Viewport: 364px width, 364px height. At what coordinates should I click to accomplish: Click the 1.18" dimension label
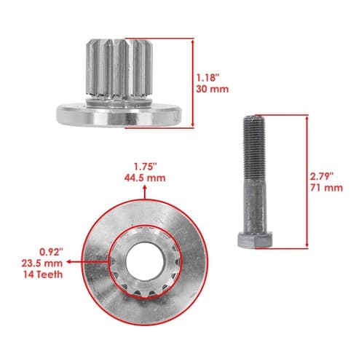(x=207, y=78)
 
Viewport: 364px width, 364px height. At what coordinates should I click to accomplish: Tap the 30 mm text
(x=213, y=89)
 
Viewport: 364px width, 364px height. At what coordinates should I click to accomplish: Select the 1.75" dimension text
(x=146, y=167)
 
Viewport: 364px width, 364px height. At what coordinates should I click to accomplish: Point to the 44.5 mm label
(x=145, y=178)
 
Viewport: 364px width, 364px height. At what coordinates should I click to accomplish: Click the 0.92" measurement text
(x=51, y=252)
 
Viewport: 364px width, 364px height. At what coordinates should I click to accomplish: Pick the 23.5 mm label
(x=42, y=264)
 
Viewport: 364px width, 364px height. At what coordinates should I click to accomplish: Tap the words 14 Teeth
(x=43, y=274)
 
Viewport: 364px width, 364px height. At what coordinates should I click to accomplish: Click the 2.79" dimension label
(x=322, y=176)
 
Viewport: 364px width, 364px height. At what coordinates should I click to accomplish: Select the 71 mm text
(x=327, y=188)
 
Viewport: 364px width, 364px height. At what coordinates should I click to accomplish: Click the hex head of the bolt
(x=255, y=240)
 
